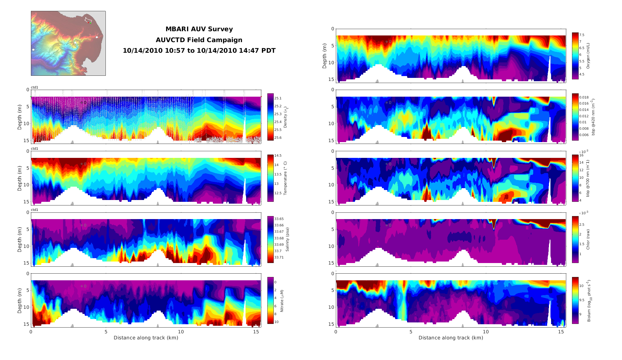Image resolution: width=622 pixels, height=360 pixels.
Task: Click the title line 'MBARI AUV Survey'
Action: [x=199, y=29]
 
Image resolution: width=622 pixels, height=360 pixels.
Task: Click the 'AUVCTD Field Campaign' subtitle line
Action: [x=199, y=40]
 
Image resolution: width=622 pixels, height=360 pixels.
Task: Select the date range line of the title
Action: [x=199, y=51]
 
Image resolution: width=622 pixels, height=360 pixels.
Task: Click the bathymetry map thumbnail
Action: [x=68, y=43]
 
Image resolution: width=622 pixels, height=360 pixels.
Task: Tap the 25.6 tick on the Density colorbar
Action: [x=278, y=138]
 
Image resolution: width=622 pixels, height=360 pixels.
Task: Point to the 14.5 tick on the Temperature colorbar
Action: [x=278, y=155]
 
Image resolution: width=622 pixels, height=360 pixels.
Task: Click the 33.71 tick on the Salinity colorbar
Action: [x=279, y=257]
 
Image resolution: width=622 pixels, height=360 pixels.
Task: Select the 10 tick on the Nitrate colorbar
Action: [x=276, y=322]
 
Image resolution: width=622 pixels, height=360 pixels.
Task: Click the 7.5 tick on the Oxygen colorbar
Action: [x=582, y=35]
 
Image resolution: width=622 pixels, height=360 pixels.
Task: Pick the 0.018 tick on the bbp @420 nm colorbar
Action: [x=584, y=97]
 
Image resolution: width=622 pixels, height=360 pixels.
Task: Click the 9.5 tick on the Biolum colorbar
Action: [x=582, y=300]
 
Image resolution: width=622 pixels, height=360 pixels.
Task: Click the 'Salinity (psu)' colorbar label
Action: [x=287, y=239]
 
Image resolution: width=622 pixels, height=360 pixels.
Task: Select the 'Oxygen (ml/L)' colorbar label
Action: [x=588, y=56]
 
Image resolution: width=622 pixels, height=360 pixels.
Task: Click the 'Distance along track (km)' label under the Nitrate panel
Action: [x=146, y=338]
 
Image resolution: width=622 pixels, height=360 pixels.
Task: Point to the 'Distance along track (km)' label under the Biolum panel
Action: [x=451, y=338]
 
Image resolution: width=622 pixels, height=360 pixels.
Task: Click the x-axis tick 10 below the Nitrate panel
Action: [x=181, y=332]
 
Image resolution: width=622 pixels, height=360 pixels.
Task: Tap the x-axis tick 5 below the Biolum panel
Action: [x=411, y=332]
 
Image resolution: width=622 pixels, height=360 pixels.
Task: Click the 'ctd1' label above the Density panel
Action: [x=35, y=87]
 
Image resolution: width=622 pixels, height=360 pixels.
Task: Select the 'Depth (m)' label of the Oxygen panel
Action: [x=324, y=56]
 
